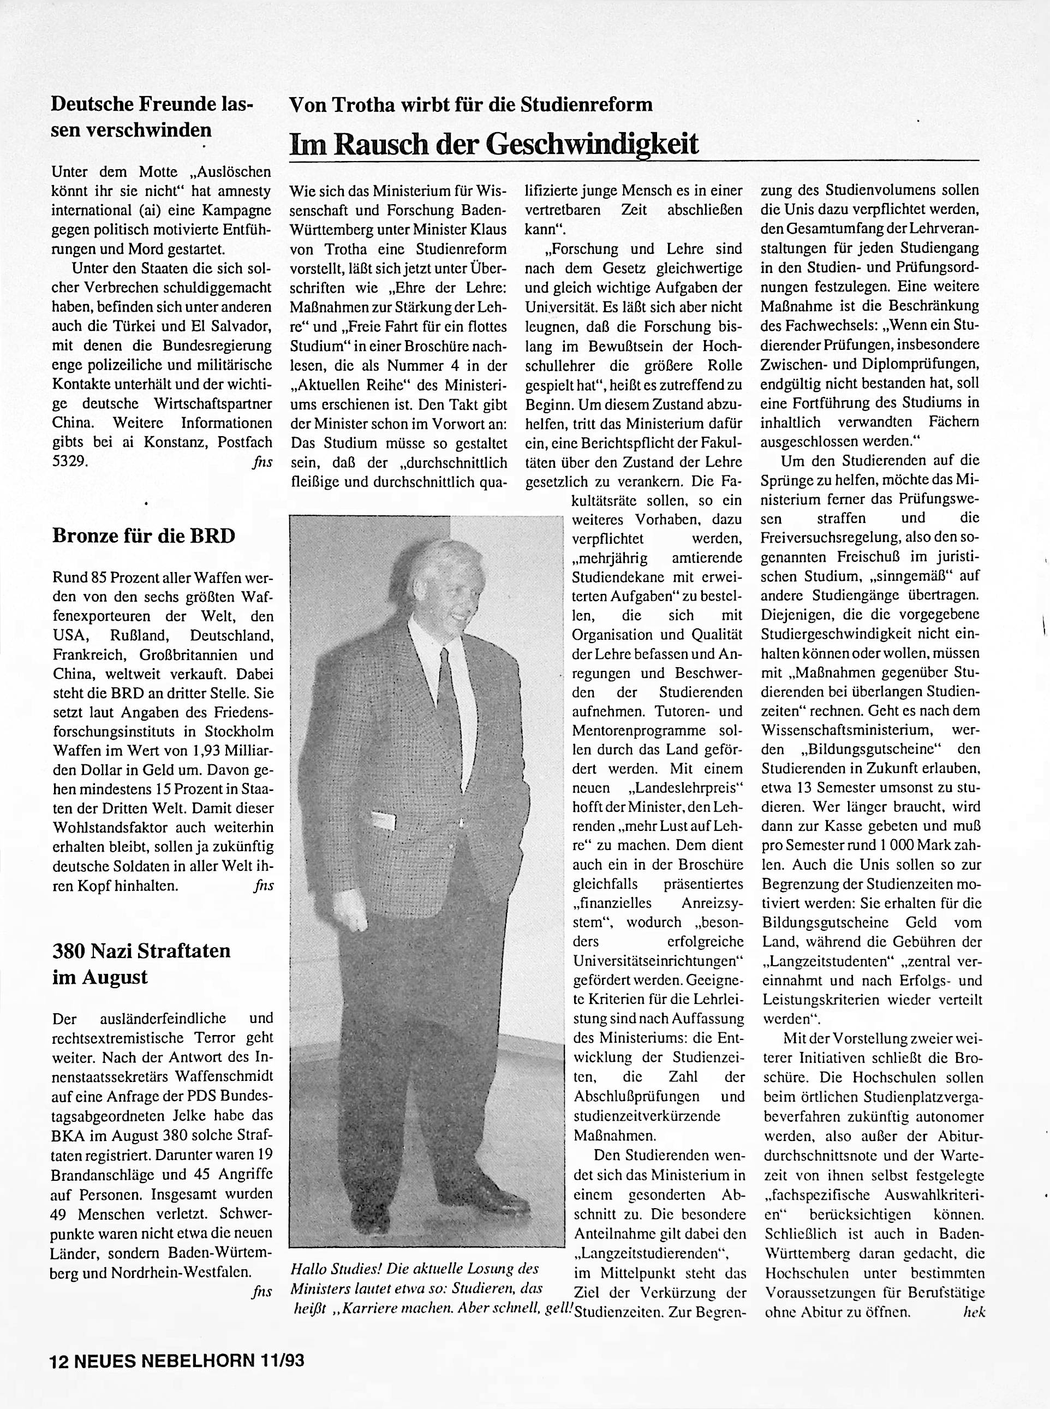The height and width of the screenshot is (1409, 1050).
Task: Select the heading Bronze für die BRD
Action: pos(143,536)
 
